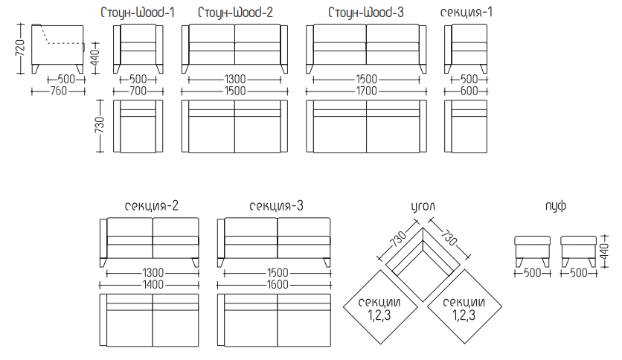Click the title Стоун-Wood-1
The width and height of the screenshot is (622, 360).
[138, 13]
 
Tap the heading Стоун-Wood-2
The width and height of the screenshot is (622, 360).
[235, 13]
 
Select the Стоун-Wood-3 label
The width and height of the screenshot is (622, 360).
[366, 13]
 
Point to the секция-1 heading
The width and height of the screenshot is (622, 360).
[466, 13]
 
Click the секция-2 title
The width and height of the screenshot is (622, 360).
[152, 206]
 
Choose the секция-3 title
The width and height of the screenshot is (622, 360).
[276, 206]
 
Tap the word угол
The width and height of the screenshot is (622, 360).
[423, 207]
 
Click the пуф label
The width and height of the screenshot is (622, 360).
[555, 206]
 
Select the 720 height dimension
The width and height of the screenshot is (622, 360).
[20, 48]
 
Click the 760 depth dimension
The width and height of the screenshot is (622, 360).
[58, 91]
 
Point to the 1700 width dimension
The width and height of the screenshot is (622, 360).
[366, 91]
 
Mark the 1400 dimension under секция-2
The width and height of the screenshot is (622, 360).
[153, 285]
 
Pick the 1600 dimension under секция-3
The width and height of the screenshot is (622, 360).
[278, 285]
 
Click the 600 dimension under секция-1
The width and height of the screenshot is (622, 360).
[469, 91]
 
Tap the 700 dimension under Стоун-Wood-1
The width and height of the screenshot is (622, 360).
[138, 91]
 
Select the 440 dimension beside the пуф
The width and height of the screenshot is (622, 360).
[605, 251]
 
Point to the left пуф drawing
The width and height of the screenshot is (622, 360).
[533, 251]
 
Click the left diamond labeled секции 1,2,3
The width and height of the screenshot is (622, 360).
[380, 307]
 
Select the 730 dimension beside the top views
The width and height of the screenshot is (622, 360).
[100, 125]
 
